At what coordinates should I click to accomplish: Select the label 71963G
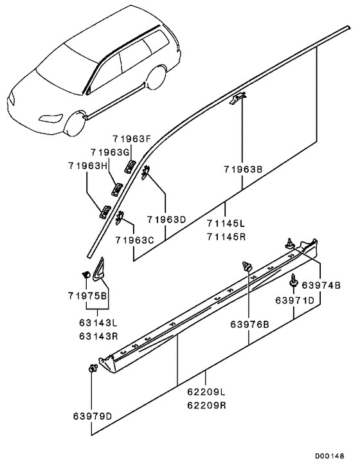tap(111, 152)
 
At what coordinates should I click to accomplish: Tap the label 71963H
tap(89, 165)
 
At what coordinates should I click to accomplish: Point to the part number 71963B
tap(242, 170)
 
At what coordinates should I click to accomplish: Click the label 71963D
tap(166, 219)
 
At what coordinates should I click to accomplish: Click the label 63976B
tap(249, 323)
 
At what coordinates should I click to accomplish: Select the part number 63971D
tap(295, 300)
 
